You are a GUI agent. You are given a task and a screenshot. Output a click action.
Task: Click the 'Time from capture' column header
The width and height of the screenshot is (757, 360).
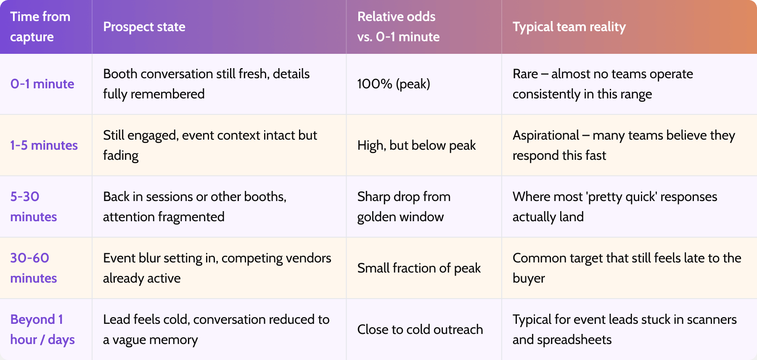pyautogui.click(x=40, y=26)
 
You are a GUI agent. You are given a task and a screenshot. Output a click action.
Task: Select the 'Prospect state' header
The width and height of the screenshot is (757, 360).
pyautogui.click(x=144, y=27)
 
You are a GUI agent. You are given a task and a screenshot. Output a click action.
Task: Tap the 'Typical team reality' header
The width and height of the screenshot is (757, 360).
pyautogui.click(x=569, y=27)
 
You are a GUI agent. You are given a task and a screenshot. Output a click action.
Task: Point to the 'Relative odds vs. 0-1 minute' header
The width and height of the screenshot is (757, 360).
pyautogui.click(x=398, y=26)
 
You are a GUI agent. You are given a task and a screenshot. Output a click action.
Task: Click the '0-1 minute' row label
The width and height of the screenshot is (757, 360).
pyautogui.click(x=42, y=84)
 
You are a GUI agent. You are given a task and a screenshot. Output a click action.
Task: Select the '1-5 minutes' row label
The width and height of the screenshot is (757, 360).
pyautogui.click(x=44, y=146)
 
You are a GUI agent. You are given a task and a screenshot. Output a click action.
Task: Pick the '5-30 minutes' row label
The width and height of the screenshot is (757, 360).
pyautogui.click(x=34, y=206)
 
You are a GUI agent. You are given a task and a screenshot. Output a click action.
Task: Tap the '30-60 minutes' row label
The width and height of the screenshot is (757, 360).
pyautogui.click(x=34, y=268)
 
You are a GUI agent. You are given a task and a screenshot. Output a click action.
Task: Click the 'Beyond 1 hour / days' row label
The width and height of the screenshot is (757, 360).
pyautogui.click(x=42, y=329)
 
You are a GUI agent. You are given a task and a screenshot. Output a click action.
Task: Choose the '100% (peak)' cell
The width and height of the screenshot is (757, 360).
pyautogui.click(x=394, y=84)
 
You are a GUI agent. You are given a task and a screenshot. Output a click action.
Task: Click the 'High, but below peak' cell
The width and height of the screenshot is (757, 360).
pyautogui.click(x=416, y=146)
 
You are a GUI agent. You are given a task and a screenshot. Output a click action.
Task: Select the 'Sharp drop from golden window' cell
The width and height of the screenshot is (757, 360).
pyautogui.click(x=404, y=206)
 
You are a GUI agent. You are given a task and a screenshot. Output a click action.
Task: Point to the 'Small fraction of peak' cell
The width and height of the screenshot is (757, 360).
pyautogui.click(x=419, y=268)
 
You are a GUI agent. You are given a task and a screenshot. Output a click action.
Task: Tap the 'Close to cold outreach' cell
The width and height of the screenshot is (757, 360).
pyautogui.click(x=420, y=330)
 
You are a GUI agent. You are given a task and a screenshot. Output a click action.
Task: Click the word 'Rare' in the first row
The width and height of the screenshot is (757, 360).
pyautogui.click(x=525, y=74)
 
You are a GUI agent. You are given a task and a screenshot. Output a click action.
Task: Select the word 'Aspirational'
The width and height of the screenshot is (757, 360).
pyautogui.click(x=546, y=135)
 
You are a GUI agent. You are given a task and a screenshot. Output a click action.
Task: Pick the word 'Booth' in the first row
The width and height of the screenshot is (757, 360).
pyautogui.click(x=120, y=74)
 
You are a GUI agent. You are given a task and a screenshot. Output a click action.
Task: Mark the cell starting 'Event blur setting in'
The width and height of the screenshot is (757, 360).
pyautogui.click(x=217, y=268)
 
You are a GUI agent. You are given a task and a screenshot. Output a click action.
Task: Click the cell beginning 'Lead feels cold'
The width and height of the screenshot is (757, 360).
pyautogui.click(x=216, y=329)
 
